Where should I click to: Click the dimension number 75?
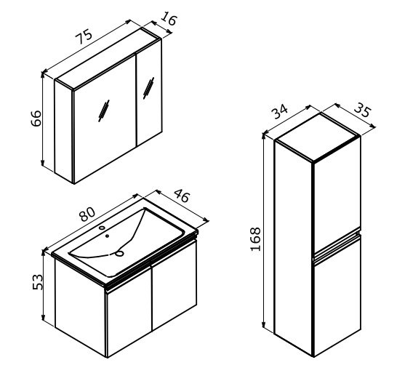click(x=84, y=36)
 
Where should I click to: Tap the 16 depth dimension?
click(x=169, y=19)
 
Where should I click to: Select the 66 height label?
click(x=36, y=119)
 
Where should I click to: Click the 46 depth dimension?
click(x=182, y=196)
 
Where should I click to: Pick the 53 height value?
click(x=38, y=282)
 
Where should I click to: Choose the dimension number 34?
click(x=280, y=111)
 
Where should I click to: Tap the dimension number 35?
click(x=363, y=110)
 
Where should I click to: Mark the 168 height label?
click(x=255, y=239)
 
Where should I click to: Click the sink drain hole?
click(x=119, y=253)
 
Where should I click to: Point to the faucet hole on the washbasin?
click(x=103, y=228)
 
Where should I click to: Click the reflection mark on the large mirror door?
click(x=104, y=111)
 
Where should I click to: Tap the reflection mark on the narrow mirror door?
click(x=149, y=88)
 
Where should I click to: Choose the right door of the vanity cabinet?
click(x=175, y=285)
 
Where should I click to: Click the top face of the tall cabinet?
click(x=318, y=137)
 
